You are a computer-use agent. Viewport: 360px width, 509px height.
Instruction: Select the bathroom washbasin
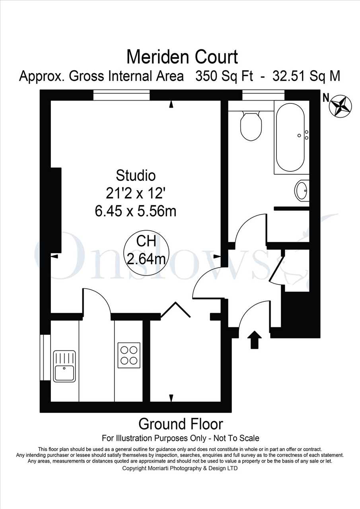(x=302, y=190)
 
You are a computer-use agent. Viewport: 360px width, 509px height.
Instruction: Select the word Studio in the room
(x=136, y=175)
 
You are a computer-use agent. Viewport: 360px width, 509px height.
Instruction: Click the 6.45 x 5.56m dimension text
(x=136, y=212)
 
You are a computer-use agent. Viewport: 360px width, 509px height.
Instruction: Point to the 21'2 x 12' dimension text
(x=136, y=194)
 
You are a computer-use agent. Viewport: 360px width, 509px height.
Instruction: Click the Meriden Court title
(x=182, y=57)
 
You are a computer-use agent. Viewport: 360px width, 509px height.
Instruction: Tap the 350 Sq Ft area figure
(x=224, y=76)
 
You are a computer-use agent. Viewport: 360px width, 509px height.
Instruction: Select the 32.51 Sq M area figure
(x=306, y=76)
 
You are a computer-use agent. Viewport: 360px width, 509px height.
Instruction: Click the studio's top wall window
(x=121, y=95)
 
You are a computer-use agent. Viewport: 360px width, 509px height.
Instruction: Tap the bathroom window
(x=263, y=95)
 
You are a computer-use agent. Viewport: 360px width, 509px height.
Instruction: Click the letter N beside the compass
(x=326, y=98)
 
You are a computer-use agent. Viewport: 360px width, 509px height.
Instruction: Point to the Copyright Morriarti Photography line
(x=180, y=468)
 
